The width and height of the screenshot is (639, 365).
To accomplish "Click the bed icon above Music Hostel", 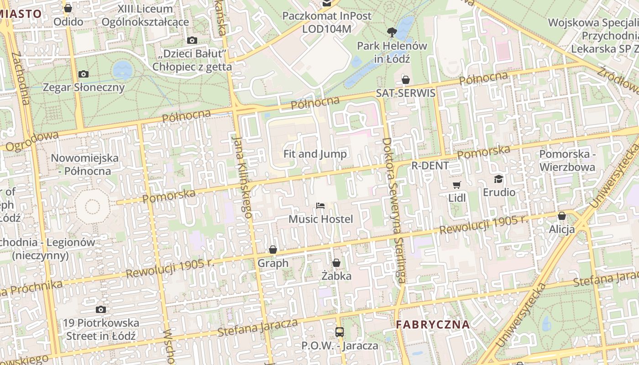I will [320, 206].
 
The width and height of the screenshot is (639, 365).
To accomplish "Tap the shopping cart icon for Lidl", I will [457, 185].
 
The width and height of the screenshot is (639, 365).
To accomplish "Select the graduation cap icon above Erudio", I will [498, 179].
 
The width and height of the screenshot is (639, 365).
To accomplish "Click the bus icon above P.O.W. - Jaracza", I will [340, 332].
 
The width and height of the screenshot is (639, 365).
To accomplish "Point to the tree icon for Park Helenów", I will [391, 32].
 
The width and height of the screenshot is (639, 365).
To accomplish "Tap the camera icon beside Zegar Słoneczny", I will [84, 74].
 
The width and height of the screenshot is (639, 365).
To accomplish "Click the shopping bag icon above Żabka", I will [336, 263].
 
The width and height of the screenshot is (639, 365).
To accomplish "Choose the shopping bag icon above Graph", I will [273, 250].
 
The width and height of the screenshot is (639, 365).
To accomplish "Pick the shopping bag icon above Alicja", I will [562, 216].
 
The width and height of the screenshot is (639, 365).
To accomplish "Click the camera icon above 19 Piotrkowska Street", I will [101, 309].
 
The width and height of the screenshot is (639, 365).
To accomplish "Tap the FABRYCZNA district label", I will [432, 325].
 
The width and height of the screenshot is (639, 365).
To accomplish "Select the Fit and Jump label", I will [315, 154].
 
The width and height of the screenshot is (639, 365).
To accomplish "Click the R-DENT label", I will [430, 165].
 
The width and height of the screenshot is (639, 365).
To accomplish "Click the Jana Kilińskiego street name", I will [242, 176].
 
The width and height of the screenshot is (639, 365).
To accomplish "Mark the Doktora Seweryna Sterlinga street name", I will [393, 210].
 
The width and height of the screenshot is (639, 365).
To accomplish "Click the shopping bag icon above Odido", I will [68, 8].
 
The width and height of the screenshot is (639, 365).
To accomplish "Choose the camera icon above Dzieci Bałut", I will [192, 40].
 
